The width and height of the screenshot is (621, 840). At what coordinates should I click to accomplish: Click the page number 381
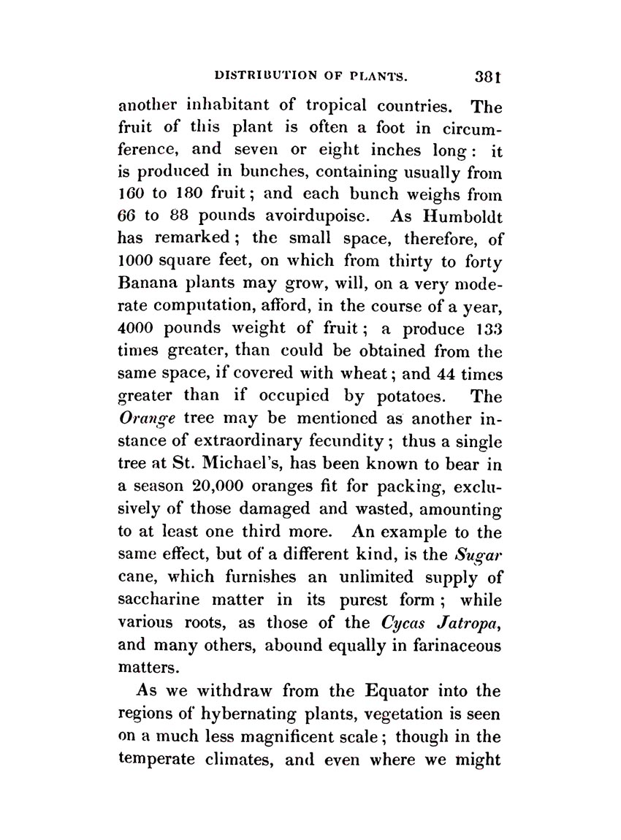click(x=487, y=75)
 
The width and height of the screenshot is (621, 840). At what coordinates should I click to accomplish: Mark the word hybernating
click(x=248, y=712)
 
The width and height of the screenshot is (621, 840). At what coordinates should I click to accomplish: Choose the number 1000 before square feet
click(x=137, y=260)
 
